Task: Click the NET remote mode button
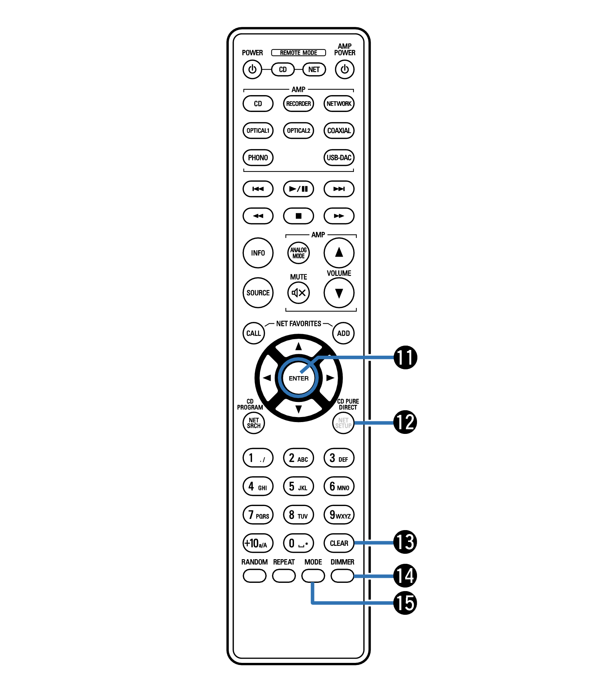pyautogui.click(x=314, y=69)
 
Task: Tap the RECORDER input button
pyautogui.click(x=298, y=104)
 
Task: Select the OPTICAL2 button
pyautogui.click(x=298, y=131)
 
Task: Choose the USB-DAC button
pyautogui.click(x=339, y=158)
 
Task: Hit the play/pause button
pyautogui.click(x=298, y=189)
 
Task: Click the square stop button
pyautogui.click(x=298, y=216)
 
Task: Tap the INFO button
pyautogui.click(x=258, y=253)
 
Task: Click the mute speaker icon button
pyautogui.click(x=298, y=292)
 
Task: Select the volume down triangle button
pyautogui.click(x=339, y=292)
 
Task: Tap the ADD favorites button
pyautogui.click(x=343, y=333)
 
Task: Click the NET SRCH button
pyautogui.click(x=254, y=423)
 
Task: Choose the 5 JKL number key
pyautogui.click(x=298, y=486)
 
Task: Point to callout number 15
pyautogui.click(x=405, y=603)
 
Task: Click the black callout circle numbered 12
pyautogui.click(x=405, y=422)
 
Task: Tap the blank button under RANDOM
pyautogui.click(x=255, y=576)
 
